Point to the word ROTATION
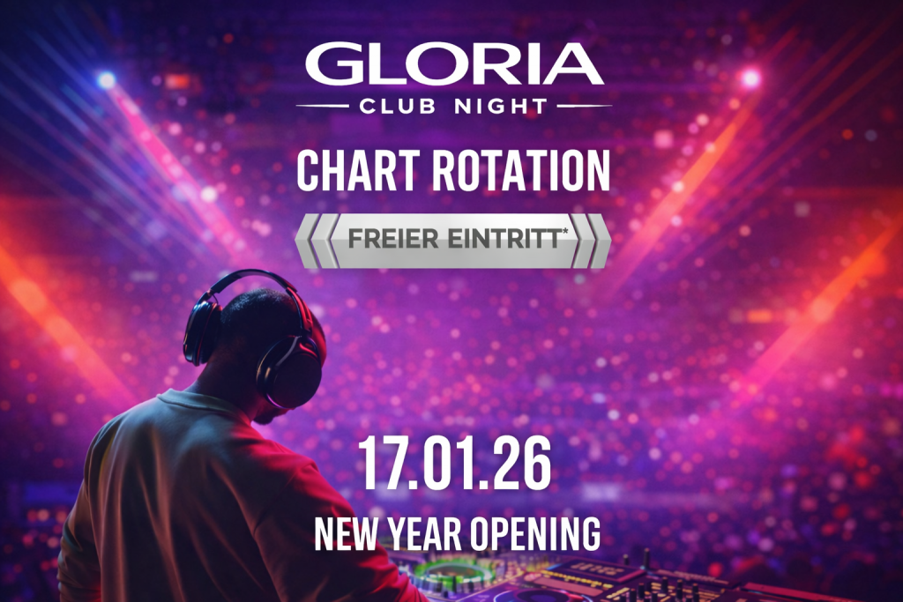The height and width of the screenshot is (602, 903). [520, 170]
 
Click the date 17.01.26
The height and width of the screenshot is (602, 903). [454, 464]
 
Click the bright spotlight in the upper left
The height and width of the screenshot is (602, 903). [107, 79]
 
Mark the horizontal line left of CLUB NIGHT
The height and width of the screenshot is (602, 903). [323, 106]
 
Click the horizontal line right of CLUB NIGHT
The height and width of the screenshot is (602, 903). [585, 106]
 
